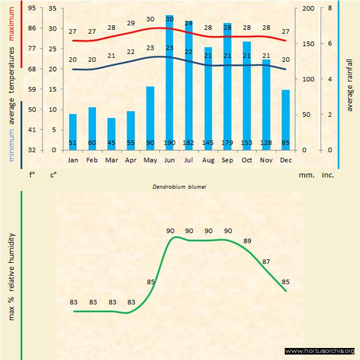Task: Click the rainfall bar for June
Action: [170, 82]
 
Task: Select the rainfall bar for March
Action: [111, 134]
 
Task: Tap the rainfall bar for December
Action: [286, 119]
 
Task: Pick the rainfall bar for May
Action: [150, 118]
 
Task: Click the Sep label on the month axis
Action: [227, 160]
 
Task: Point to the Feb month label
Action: [92, 160]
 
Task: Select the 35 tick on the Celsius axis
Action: [52, 9]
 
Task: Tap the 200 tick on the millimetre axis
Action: [308, 9]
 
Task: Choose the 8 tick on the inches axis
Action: [330, 9]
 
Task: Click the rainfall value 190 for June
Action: [170, 143]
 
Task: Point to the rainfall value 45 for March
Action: [111, 143]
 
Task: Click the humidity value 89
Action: [247, 241]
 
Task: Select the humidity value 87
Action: [266, 262]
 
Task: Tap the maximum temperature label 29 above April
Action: [131, 23]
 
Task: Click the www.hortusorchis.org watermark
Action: [320, 351]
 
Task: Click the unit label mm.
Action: [305, 176]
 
